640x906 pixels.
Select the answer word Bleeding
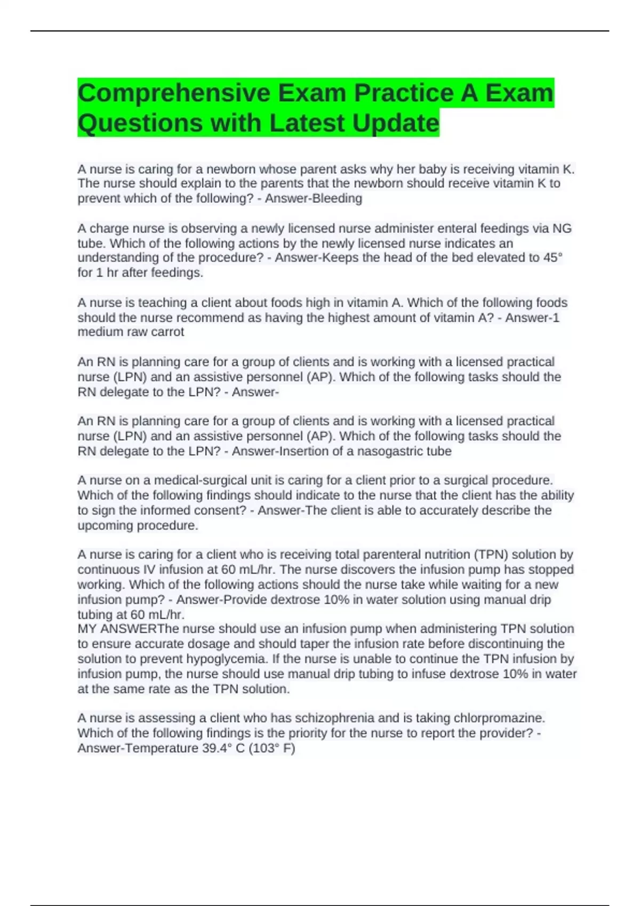click(x=336, y=199)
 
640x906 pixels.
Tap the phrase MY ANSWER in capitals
click(x=117, y=629)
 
